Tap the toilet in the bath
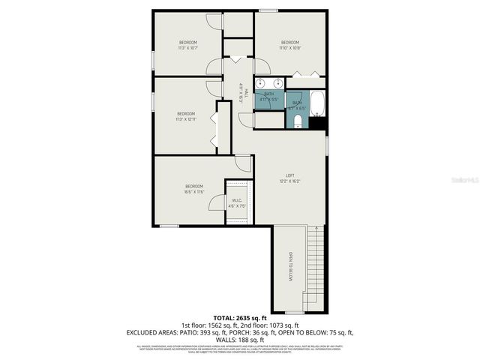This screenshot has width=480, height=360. [298, 120]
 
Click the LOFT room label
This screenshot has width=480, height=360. [289, 175]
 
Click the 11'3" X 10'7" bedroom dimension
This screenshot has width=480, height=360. [187, 48]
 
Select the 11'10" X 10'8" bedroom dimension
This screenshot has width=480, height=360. [290, 48]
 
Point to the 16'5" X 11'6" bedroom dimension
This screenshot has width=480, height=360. [194, 192]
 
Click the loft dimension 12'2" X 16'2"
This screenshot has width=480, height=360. [289, 181]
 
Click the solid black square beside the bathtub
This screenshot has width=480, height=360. [318, 123]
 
